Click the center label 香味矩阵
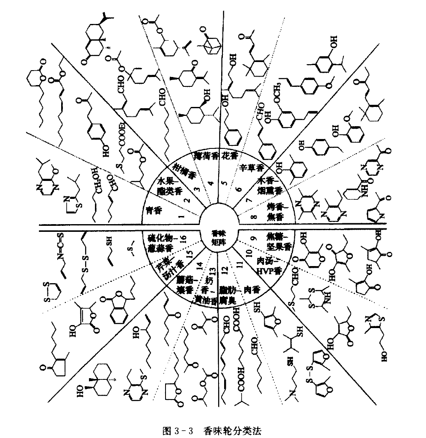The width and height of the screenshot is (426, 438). tap(221, 237)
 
